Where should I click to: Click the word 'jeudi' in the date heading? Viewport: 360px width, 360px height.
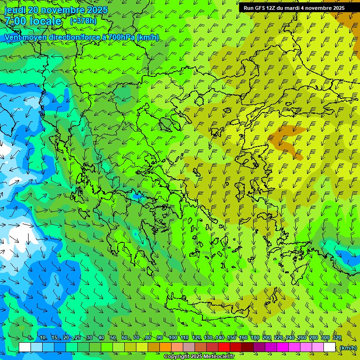[x=15, y=10]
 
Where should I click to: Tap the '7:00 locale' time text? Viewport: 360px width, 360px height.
[x=33, y=21]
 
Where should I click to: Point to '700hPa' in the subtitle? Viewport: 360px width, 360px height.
[x=121, y=37]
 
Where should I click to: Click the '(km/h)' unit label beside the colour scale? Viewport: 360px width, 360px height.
[x=348, y=347]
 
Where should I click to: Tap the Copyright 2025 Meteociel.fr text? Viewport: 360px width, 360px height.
[x=199, y=357]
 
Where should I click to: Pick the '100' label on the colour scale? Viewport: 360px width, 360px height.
[x=172, y=338]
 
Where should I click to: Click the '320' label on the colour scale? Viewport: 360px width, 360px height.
[x=337, y=338]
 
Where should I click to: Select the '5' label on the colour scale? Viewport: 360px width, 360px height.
[x=30, y=338]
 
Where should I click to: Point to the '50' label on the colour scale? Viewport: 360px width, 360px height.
[x=113, y=338]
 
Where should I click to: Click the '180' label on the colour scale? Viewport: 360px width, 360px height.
[x=255, y=338]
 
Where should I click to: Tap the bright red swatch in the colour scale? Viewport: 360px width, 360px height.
[x=224, y=347]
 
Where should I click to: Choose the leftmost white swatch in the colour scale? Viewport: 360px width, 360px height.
[x=25, y=347]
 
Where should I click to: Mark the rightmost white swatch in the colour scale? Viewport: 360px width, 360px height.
[x=330, y=347]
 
